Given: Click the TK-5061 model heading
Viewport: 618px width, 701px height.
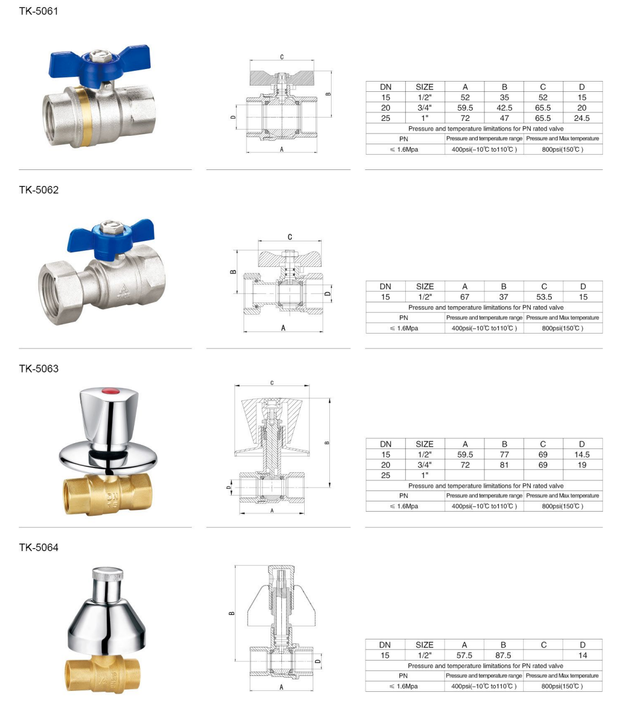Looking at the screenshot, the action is pyautogui.click(x=38, y=11).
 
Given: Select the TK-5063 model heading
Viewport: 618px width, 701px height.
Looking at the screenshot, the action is pyautogui.click(x=39, y=368).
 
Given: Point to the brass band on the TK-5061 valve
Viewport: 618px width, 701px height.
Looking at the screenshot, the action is pyautogui.click(x=85, y=116).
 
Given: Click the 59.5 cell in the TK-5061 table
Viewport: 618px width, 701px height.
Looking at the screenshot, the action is pyautogui.click(x=464, y=108).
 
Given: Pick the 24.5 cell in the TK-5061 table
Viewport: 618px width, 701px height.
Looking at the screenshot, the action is pyautogui.click(x=581, y=118).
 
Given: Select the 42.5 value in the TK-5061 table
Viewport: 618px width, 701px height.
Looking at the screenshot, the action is pyautogui.click(x=504, y=108).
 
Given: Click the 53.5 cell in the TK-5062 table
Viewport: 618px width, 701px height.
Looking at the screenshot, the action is pyautogui.click(x=544, y=297).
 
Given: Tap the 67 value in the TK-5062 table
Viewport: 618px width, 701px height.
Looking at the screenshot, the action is pyautogui.click(x=464, y=297).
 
